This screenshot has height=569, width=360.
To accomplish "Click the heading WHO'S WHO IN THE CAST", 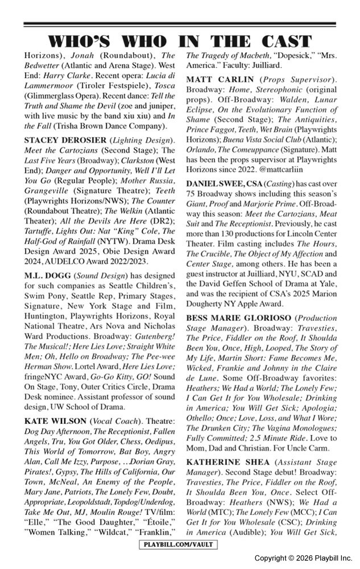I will pos(180,41).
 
